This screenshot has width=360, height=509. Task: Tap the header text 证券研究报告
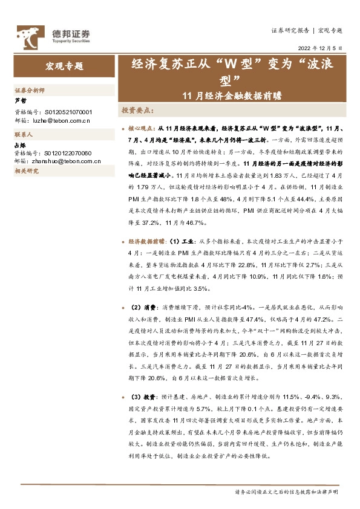pos(288,30)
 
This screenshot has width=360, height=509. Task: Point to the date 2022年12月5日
pos(320,47)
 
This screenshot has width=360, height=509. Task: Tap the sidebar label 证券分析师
pos(28,89)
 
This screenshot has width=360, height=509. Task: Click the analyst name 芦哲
pos(20,100)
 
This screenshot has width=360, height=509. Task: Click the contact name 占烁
pos(20,145)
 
